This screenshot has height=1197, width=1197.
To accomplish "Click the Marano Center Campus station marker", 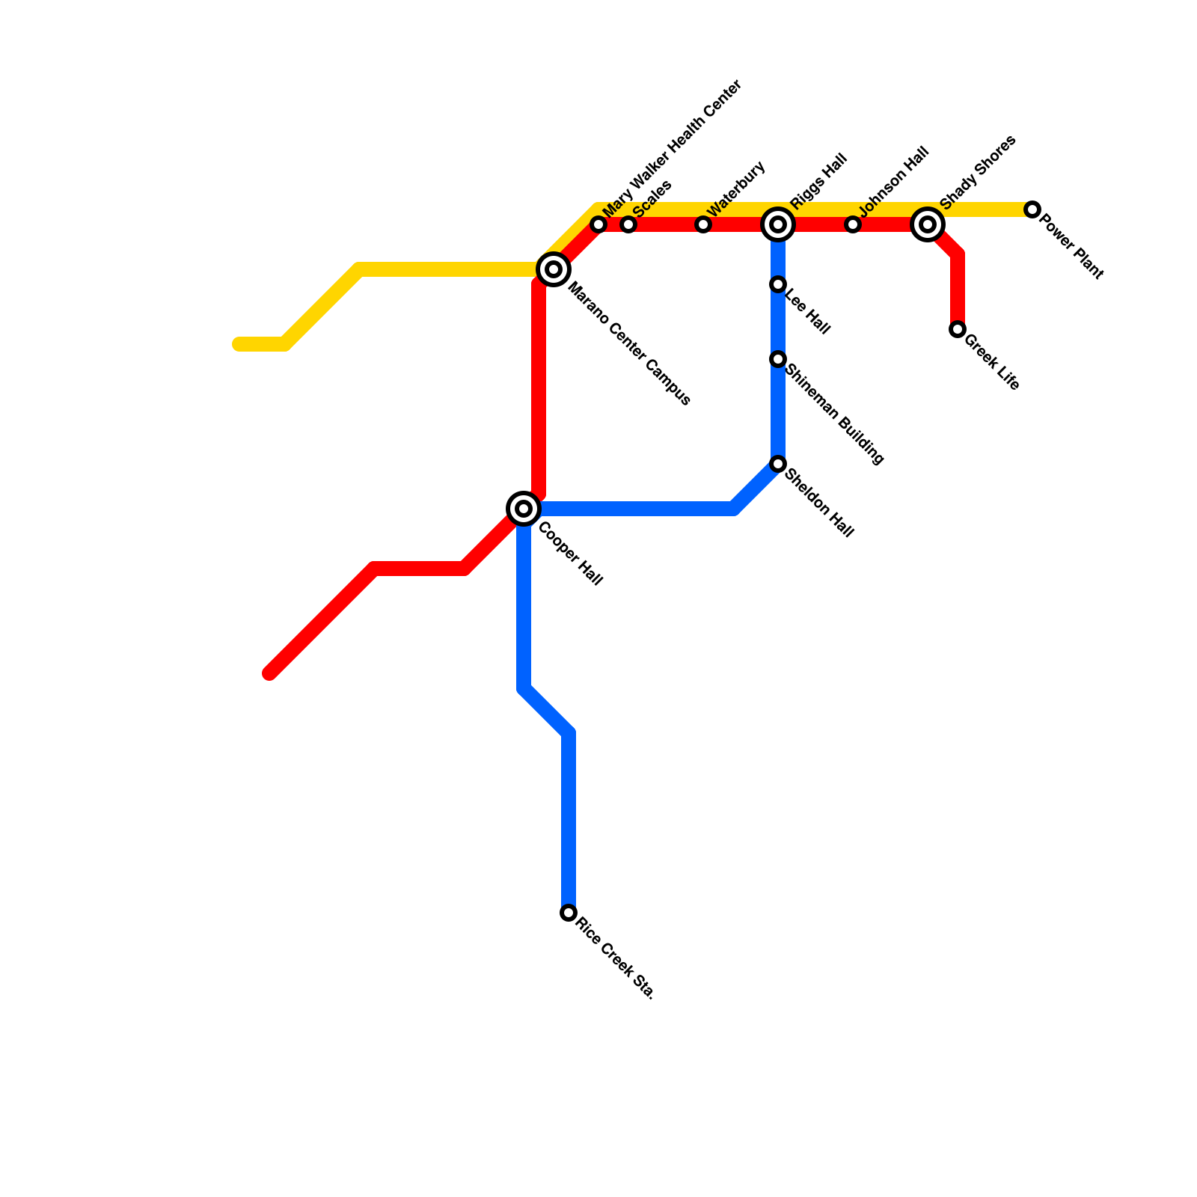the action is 554,269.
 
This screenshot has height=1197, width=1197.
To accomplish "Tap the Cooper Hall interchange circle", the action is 524,509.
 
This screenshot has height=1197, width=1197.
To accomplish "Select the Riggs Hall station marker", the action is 778,224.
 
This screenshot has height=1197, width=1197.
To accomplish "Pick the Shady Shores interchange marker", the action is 928,224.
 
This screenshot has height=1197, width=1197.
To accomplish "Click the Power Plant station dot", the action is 1032,209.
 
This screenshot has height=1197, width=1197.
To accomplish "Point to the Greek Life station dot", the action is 958,329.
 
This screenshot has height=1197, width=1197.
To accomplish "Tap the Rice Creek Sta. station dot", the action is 569,913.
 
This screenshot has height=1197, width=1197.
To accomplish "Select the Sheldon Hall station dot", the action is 778,464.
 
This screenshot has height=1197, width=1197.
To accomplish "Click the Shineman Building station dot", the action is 778,359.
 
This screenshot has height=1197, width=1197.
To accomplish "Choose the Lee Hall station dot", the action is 778,284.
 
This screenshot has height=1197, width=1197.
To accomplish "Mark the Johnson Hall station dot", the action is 853,224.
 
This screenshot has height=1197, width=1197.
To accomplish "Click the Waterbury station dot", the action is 703,224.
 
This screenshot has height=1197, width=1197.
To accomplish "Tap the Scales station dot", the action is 628,224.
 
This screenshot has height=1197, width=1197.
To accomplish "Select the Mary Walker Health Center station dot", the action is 598,224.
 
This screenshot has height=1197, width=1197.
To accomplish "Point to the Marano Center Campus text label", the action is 629,344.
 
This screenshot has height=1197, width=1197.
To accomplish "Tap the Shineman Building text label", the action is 835,415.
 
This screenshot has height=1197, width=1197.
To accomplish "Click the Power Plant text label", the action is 1071,248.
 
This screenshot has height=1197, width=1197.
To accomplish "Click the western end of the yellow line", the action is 238,344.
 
